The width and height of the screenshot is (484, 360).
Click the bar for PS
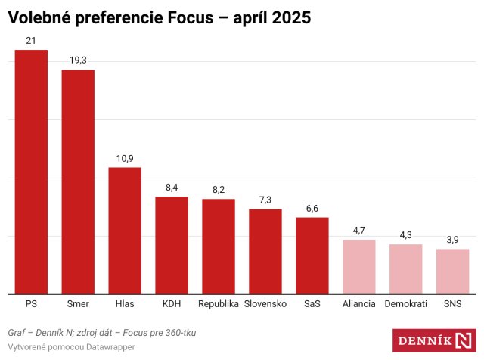pos(31,172)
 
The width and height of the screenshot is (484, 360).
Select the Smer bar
pos(78,182)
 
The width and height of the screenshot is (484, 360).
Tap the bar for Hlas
pos(125,231)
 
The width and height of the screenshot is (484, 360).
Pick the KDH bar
pos(172,245)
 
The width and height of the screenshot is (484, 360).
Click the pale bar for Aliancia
pos(358,266)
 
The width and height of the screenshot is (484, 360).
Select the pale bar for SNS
pos(452,271)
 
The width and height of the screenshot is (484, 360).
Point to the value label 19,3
pos(78,60)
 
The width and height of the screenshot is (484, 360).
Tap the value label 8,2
pos(219,189)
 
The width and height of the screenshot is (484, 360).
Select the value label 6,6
pos(312,207)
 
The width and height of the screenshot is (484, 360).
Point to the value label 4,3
pos(405,234)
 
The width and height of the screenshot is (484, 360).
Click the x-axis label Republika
pos(219,304)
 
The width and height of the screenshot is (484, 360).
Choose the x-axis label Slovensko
pos(265,304)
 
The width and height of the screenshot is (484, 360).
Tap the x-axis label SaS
pos(312,304)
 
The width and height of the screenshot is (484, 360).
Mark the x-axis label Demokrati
pos(405,304)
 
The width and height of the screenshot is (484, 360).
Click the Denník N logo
pos(433,340)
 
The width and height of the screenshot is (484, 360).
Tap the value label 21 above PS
pos(31,40)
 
